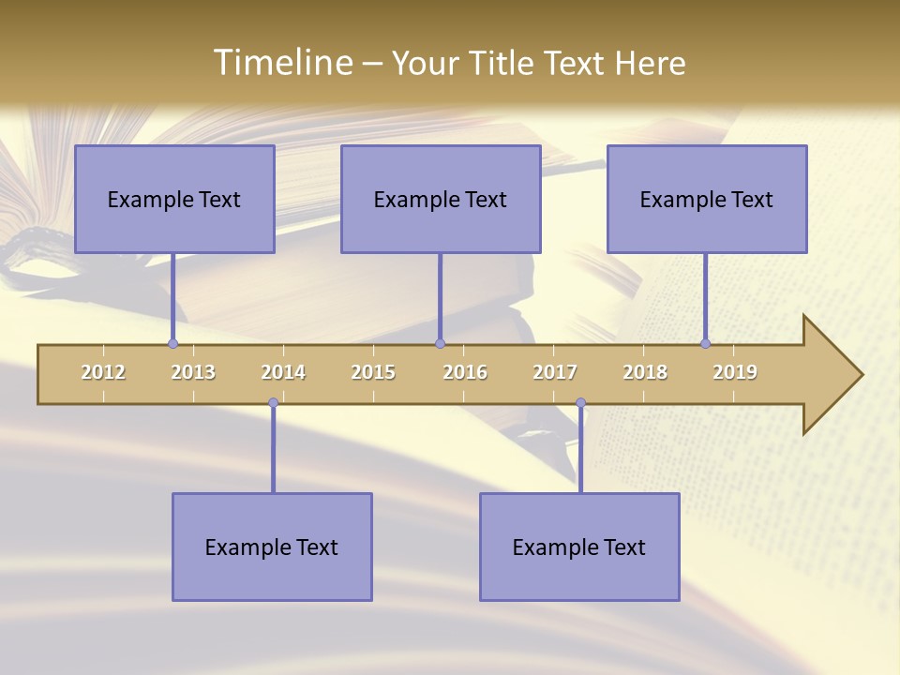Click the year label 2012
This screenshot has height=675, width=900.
pos(103,372)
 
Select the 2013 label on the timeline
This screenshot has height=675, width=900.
pos(193,372)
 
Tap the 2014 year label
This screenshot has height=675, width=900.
pos(283,372)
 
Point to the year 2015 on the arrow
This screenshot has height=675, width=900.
pos(373,372)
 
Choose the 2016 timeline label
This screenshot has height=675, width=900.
pos(465,372)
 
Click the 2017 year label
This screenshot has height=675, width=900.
pos(555,372)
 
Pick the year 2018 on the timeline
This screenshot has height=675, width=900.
pos(645,372)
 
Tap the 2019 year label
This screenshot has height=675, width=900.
pos(735,372)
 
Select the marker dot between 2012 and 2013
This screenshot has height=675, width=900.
pos(172,344)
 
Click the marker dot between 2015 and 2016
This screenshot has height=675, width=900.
pos(440,344)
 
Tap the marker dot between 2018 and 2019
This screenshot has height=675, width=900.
pos(705,344)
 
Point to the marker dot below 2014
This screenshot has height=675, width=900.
pos(273,403)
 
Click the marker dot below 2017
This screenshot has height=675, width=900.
pos(580,403)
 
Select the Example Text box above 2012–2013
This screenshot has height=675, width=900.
pos(174,199)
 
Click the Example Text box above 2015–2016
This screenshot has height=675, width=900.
pos(441,199)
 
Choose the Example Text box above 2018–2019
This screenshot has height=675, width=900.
pos(707,199)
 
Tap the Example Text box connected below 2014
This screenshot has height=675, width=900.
pos(272,547)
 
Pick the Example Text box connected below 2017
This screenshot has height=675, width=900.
pos(579,547)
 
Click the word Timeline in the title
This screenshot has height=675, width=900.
pos(282,63)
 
